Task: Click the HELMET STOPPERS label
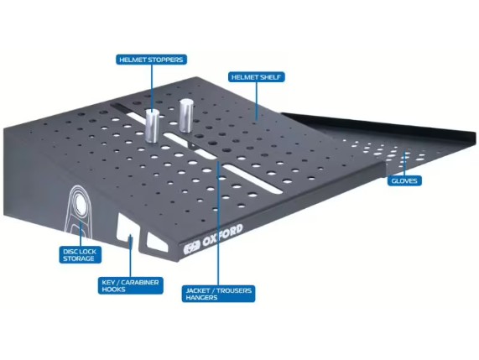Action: pos(151,60)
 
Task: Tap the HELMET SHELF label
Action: pos(257,77)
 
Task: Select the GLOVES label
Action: pos(404,180)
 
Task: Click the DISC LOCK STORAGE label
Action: pos(80,255)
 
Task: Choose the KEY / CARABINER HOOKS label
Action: pos(130,285)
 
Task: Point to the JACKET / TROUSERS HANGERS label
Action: pos(218,294)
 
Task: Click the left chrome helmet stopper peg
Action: pos(152,126)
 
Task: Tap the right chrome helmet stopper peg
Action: pos(185,116)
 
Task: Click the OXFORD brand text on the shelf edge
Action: pos(222,236)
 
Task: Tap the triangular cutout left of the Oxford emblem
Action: pos(158,243)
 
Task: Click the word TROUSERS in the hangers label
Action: pos(235,290)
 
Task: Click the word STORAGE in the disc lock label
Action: pos(79,258)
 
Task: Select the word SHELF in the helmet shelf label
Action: pos(271,77)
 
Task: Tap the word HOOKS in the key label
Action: pos(113,290)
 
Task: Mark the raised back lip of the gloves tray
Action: pos(379,123)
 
